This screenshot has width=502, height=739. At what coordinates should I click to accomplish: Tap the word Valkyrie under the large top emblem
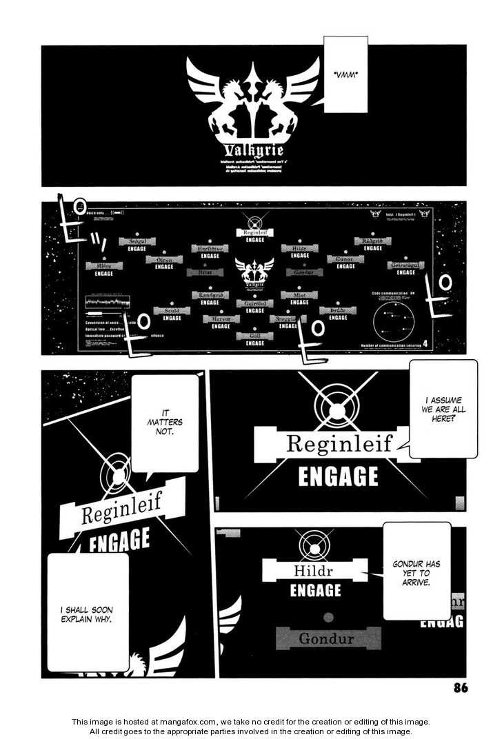click(x=253, y=150)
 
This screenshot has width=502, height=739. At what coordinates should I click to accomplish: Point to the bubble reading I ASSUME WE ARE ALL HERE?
click(x=443, y=409)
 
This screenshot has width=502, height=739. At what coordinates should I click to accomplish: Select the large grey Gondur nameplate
click(x=328, y=638)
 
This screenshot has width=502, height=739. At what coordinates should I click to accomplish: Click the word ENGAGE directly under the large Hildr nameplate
click(x=315, y=591)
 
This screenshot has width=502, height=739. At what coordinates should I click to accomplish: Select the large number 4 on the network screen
click(x=425, y=343)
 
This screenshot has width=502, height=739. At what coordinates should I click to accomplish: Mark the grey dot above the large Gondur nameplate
click(x=329, y=617)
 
